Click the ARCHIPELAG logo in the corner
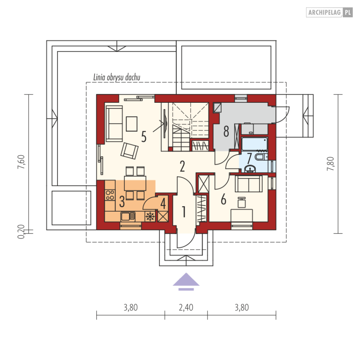pos(329,12)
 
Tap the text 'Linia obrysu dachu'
pos(117,77)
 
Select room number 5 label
pos(144,137)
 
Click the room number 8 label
pos(226,132)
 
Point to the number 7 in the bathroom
pos(249,158)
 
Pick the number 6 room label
pos(223,199)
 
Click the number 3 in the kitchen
pos(122,202)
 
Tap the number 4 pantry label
pos(163,204)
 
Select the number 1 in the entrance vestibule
pos(184,212)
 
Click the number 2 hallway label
pos(182,166)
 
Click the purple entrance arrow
pos(186,282)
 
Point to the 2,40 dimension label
pos(186,308)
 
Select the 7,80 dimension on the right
pos(331,164)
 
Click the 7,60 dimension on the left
pos(21,162)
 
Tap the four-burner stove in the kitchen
pos(110,195)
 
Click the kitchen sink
pos(128,216)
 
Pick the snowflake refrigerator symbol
pos(150,216)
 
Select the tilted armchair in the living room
pos(130,151)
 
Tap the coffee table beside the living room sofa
pos(132,124)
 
